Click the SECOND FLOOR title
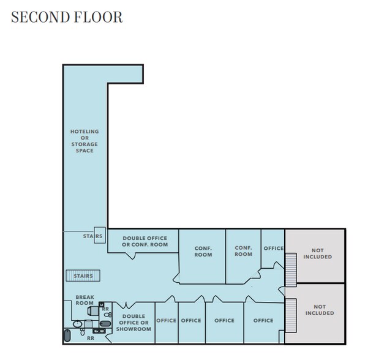(67, 17)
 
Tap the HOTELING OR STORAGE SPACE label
(85, 141)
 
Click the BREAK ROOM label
(85, 300)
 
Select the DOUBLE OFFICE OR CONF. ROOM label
(145, 241)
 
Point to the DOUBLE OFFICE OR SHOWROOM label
(133, 323)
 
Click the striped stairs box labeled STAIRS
(83, 276)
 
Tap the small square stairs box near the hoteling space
(100, 235)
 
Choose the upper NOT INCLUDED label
(317, 253)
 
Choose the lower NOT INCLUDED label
(320, 310)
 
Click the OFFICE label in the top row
(274, 249)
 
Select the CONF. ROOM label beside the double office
(203, 251)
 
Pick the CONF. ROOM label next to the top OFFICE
(243, 250)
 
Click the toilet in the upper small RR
(108, 315)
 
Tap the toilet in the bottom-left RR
(83, 332)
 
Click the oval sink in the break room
(77, 324)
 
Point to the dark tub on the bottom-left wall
(67, 336)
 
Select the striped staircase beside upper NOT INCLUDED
(291, 270)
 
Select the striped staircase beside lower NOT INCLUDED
(291, 315)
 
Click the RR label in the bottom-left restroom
(91, 338)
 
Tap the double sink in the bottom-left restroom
(99, 331)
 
